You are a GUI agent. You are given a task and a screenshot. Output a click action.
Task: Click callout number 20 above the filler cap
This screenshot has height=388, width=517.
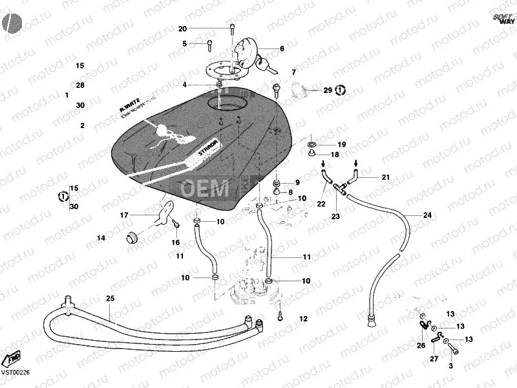click(182, 29)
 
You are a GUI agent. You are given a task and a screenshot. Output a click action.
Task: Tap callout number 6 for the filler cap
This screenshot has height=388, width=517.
click(281, 48)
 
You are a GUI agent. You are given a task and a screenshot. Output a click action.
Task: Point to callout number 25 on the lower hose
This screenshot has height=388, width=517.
click(110, 298)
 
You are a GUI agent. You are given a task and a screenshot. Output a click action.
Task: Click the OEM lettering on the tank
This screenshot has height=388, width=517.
click(204, 188)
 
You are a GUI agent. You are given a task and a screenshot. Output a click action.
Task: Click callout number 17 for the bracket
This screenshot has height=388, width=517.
click(124, 215)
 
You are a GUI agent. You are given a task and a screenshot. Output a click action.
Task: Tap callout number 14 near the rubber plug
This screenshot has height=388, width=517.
click(101, 238)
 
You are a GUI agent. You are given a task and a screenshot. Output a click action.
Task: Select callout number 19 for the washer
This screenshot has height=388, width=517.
click(342, 144)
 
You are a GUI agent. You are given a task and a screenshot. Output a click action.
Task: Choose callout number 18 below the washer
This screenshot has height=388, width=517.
click(334, 155)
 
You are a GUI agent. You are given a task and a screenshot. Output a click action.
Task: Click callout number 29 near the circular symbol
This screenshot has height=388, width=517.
click(327, 91)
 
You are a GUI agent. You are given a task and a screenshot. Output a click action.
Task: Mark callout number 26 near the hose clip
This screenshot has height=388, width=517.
click(421, 345)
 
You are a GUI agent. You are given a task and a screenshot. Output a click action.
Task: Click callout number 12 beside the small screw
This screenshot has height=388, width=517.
click(303, 318)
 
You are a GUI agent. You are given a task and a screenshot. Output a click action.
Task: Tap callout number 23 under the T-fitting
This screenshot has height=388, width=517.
click(336, 216)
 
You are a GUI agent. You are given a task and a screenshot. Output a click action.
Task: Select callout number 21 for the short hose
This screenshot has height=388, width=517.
click(385, 177)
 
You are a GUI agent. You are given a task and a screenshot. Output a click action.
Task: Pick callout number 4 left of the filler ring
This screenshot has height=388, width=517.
click(184, 85)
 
